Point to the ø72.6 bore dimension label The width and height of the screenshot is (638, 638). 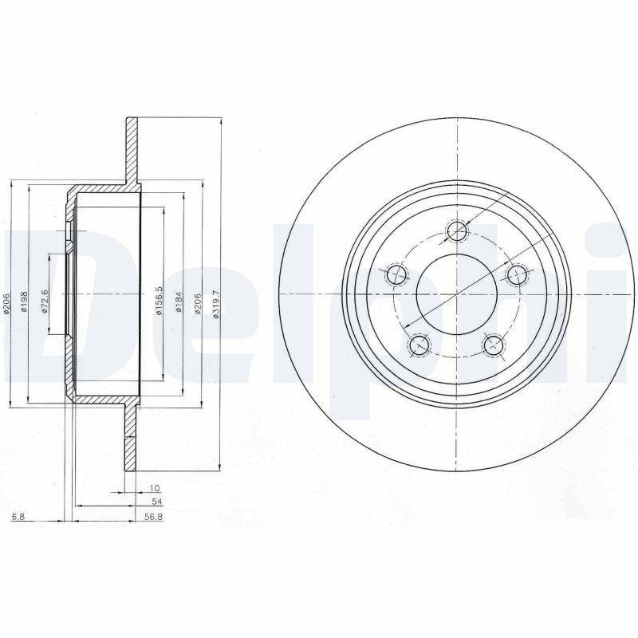tap(45, 301)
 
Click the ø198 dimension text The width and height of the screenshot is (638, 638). tap(26, 301)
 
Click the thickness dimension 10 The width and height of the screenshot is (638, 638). tap(155, 487)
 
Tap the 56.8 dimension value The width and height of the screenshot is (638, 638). tap(154, 517)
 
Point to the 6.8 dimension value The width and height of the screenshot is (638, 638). tap(18, 517)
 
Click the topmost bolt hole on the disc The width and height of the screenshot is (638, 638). tap(456, 231)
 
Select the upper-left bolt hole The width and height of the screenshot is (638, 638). tap(396, 276)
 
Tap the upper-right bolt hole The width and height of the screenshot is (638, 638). tap(518, 276)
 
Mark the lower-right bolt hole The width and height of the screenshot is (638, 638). tap(494, 345)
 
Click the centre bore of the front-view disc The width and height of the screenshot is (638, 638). tap(456, 295)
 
